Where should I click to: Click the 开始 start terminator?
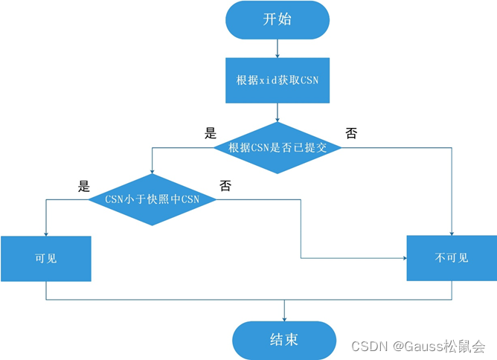278,20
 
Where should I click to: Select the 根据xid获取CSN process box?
278,80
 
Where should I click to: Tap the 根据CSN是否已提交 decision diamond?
278,148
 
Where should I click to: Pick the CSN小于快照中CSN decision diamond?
153,199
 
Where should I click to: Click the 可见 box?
46,258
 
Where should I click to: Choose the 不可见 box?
452,258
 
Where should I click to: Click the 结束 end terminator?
284,340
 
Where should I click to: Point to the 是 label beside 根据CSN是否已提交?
210,134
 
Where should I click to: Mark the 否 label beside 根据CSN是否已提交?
351,134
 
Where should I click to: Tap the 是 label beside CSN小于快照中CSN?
84,186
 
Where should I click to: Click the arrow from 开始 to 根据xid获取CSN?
278,48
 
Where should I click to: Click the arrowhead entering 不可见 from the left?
403,258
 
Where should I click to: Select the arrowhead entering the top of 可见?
46,232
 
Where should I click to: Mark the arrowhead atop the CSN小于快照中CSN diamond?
153,171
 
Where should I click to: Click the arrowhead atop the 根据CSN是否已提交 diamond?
278,119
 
